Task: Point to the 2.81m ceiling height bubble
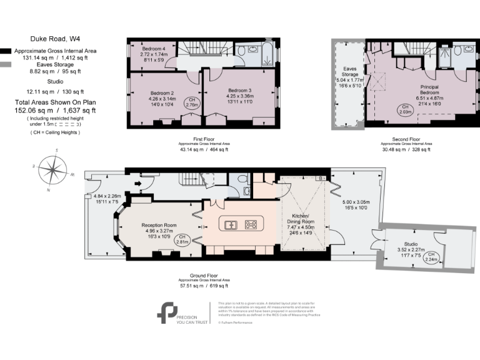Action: pyautogui.click(x=182, y=239)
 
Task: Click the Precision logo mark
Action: pyautogui.click(x=167, y=312)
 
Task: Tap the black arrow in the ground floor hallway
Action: pyautogui.click(x=137, y=184)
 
